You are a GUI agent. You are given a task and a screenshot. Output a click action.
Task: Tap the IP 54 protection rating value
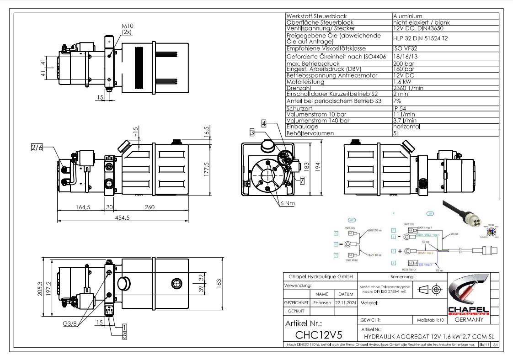tap(400, 108)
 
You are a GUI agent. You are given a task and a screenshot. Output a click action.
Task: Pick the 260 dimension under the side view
tap(150, 207)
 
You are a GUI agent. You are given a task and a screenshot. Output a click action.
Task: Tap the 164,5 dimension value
tap(82, 207)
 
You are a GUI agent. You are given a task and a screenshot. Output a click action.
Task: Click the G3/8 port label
tap(70, 324)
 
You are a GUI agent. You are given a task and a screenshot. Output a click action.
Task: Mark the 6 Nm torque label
tap(288, 203)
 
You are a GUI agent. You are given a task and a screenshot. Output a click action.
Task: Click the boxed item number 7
tap(302, 180)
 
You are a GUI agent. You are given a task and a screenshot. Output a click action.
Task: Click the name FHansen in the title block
tap(322, 302)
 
